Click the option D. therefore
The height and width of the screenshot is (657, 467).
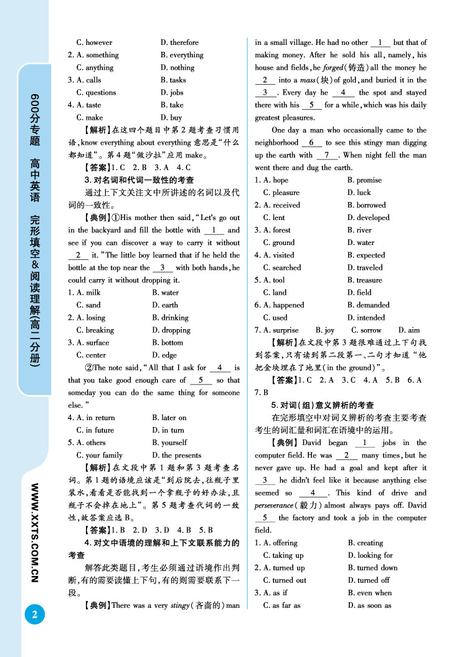coord(179,42)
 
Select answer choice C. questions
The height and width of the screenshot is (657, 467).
coord(96,92)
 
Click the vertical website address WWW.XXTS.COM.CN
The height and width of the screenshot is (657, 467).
coord(35,532)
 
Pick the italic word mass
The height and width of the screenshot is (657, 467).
coord(304,80)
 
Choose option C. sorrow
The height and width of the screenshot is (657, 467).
coord(366,330)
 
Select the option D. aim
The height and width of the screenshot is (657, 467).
coord(409,330)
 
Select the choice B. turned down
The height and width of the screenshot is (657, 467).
coord(372,568)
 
